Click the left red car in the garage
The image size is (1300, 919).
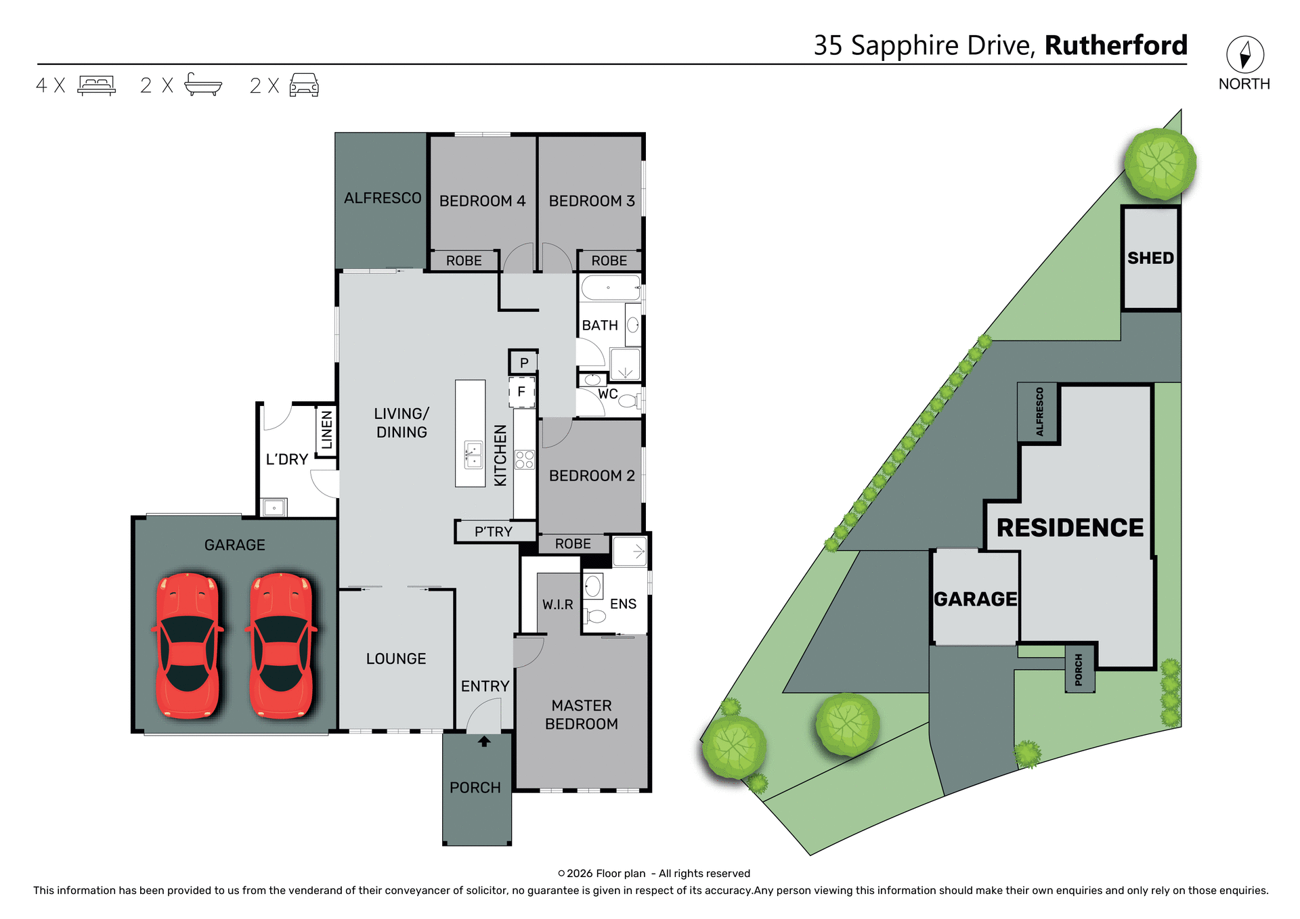(188, 646)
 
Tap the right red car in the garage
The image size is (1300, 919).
(281, 646)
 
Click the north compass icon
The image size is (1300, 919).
(1244, 55)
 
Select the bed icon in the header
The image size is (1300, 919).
(96, 85)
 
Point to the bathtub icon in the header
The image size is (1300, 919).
(202, 85)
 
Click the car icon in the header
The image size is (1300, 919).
(304, 85)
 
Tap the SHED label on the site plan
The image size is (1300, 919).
(1150, 258)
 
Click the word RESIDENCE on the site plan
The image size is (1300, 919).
(1070, 528)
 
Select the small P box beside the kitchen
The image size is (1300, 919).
(523, 363)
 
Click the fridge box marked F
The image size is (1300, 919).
(521, 392)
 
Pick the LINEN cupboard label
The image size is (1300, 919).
(326, 430)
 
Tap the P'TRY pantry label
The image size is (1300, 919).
(494, 532)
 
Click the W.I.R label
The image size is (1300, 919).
(557, 604)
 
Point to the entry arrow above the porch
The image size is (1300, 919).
(483, 741)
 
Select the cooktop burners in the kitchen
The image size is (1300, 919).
(525, 459)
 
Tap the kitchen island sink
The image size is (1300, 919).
(473, 454)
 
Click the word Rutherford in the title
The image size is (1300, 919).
(1116, 45)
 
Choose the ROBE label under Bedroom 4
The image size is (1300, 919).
(464, 261)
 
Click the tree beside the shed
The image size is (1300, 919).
(1160, 164)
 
